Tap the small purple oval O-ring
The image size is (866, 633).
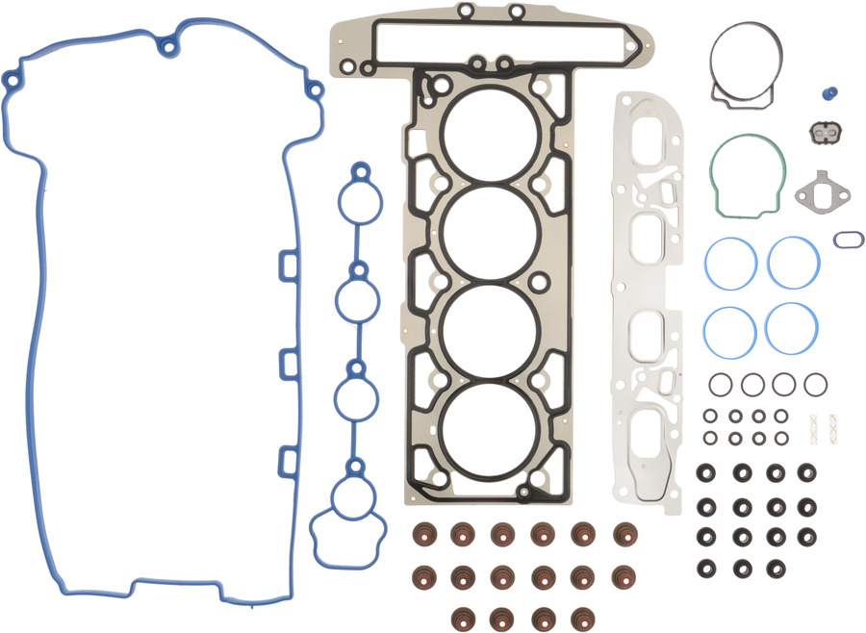pyautogui.click(x=848, y=239)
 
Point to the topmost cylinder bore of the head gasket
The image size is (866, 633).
pyautogui.click(x=491, y=135)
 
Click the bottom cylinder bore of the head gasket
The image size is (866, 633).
pyautogui.click(x=491, y=430)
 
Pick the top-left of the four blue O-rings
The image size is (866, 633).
pyautogui.click(x=728, y=262)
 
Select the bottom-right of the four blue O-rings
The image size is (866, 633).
pyautogui.click(x=793, y=328)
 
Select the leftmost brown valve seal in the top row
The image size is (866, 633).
pyautogui.click(x=421, y=535)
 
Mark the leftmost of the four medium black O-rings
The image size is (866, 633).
pyautogui.click(x=720, y=385)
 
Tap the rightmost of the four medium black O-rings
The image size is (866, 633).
pyautogui.click(x=815, y=385)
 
